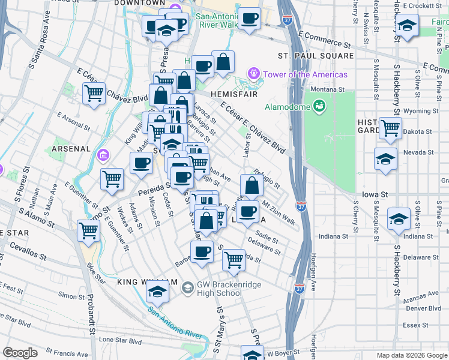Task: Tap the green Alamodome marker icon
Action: click(x=319, y=107)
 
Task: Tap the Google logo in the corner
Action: click(x=20, y=353)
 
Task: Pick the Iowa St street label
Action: click(x=375, y=194)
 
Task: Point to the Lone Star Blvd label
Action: click(x=120, y=340)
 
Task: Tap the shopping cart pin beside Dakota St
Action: click(x=390, y=127)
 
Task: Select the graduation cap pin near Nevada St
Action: click(x=385, y=159)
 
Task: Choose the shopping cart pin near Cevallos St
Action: click(x=89, y=230)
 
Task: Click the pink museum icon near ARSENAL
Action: click(x=103, y=156)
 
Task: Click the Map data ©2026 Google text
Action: click(x=412, y=355)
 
